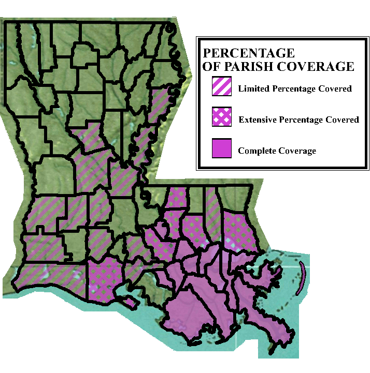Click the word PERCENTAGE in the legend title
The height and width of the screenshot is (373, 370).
coord(249,53)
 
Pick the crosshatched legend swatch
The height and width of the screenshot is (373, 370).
coord(221,118)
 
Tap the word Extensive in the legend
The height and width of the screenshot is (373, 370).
coord(258,120)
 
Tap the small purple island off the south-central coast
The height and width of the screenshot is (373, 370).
coord(131,302)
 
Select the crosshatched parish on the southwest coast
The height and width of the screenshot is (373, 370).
coord(106,279)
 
